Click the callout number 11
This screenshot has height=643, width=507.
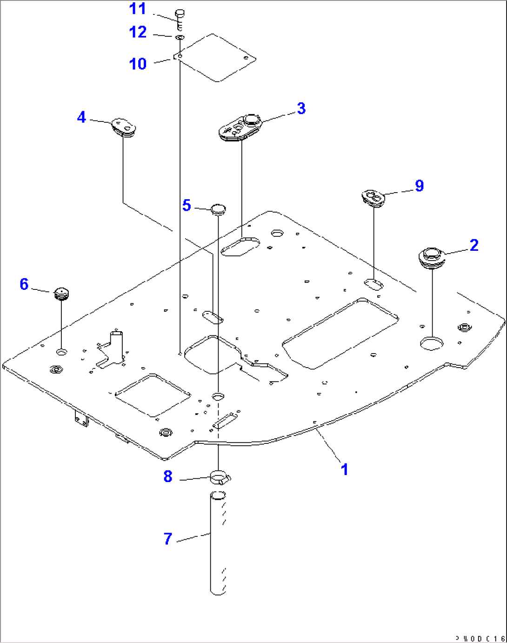tap(138, 9)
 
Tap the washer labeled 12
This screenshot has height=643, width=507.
tap(180, 37)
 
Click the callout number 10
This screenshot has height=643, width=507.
tap(138, 64)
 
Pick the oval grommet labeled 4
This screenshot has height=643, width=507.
tap(123, 127)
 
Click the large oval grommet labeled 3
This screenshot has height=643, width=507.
tap(240, 127)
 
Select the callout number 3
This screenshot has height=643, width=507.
tap(301, 108)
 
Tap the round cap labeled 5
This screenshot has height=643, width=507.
tap(218, 209)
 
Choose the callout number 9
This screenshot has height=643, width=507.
tap(419, 186)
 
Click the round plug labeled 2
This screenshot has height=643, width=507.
tap(432, 258)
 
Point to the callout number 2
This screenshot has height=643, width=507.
tap(474, 245)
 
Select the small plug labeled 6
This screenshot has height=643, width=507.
tap(61, 294)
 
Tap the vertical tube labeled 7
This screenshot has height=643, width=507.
tap(218, 543)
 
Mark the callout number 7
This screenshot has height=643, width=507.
tap(168, 539)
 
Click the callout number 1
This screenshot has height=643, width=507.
tap(344, 469)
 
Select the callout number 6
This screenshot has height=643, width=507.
tap(24, 284)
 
